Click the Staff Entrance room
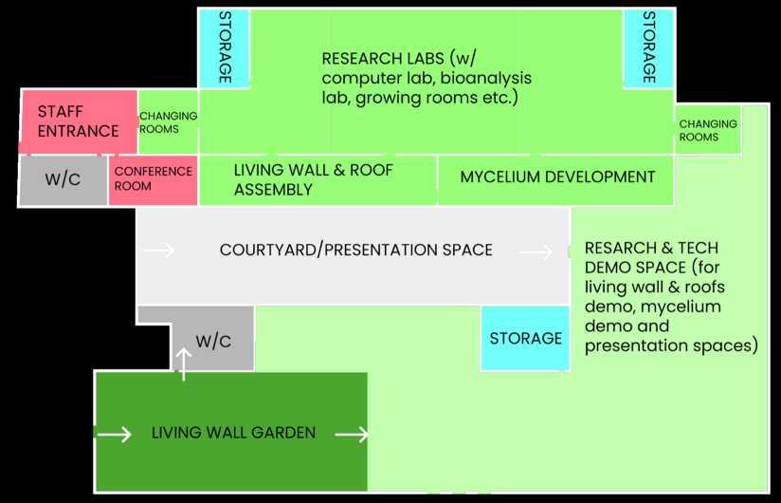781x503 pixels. [x=79, y=121]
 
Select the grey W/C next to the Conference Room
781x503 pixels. [x=63, y=179]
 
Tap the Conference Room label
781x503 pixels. [x=153, y=178]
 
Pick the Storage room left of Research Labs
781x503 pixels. [x=224, y=47]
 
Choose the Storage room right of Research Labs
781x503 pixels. [x=648, y=47]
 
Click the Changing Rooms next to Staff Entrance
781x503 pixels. [x=168, y=122]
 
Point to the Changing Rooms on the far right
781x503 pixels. [x=707, y=130]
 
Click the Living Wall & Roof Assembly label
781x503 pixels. [x=313, y=179]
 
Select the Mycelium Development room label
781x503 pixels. [x=557, y=177]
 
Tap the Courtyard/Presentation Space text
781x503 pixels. [x=355, y=251]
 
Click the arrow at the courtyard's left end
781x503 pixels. [x=158, y=251]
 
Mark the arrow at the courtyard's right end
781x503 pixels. [x=536, y=252]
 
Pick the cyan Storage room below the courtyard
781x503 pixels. [x=525, y=338]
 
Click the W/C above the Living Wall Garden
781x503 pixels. [x=212, y=341]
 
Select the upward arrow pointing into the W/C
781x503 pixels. [x=184, y=363]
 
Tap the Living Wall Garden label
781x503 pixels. [x=233, y=433]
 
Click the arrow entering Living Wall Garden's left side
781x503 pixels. [x=114, y=434]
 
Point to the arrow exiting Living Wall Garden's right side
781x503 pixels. [x=352, y=435]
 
